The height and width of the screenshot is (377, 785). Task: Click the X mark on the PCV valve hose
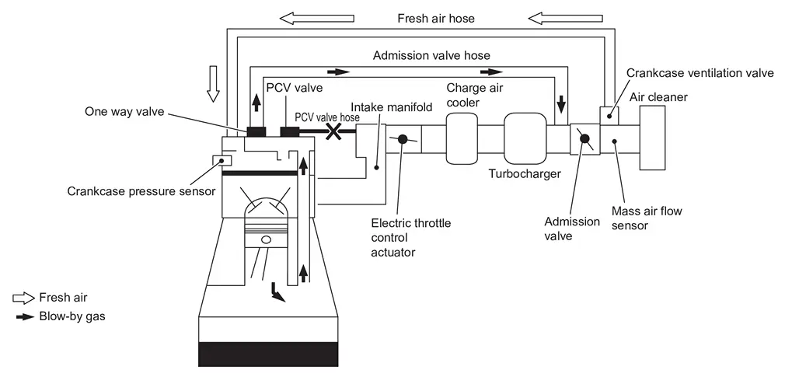coord(333,131)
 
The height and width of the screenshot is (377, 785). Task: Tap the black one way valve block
coord(256,131)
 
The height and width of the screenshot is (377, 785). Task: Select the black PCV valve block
coord(289,131)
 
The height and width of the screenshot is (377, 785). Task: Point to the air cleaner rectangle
coord(652,138)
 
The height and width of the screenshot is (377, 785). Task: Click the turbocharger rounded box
coord(525,138)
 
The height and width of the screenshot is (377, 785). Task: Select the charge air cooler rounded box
coord(462,138)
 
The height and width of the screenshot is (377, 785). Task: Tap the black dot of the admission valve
coord(584,138)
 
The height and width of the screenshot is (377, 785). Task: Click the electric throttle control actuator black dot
coord(403,139)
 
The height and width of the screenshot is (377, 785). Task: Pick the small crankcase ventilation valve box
coord(609,115)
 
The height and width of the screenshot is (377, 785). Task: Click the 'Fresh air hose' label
coord(436,19)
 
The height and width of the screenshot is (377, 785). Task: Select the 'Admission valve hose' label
coord(431,55)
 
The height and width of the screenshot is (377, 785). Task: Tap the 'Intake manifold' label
coord(392,107)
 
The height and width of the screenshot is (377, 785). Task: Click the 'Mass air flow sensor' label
coord(647,218)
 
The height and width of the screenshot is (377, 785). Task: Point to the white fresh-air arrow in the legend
coord(23,298)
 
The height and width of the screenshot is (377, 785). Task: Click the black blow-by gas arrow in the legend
coord(25,317)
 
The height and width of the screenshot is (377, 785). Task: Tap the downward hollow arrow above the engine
coord(213,83)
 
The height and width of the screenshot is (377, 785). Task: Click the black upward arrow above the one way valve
coord(256,103)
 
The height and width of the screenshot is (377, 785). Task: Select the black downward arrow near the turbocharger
coord(561,103)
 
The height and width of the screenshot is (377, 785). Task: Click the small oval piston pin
coord(267,239)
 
